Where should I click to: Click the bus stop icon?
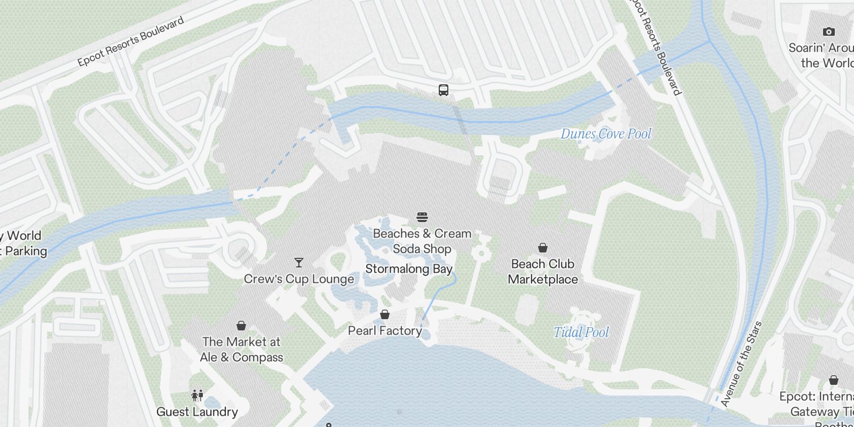[x=444, y=90]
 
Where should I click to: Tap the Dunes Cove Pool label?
[x=606, y=134]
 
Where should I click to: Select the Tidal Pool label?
[x=581, y=333]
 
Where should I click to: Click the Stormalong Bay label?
[x=409, y=269]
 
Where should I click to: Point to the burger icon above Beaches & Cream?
[x=422, y=217]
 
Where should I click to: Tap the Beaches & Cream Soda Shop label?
[x=422, y=241]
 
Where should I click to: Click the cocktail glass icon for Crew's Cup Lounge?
[x=299, y=263]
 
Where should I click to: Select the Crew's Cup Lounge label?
[x=299, y=279]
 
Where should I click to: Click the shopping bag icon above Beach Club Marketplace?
[x=543, y=248]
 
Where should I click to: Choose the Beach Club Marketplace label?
[x=543, y=272]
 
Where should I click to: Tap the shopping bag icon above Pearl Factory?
[x=385, y=314]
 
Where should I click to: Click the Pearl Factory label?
[x=385, y=331]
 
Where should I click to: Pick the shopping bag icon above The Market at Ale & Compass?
[x=241, y=326]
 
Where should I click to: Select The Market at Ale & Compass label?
[x=241, y=350]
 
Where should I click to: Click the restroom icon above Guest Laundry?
[x=197, y=396]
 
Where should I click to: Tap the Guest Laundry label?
[x=197, y=412]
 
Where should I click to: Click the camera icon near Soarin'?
[x=828, y=32]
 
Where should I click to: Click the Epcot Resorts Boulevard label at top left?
[x=131, y=42]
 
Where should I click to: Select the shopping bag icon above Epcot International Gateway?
[x=834, y=380]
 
